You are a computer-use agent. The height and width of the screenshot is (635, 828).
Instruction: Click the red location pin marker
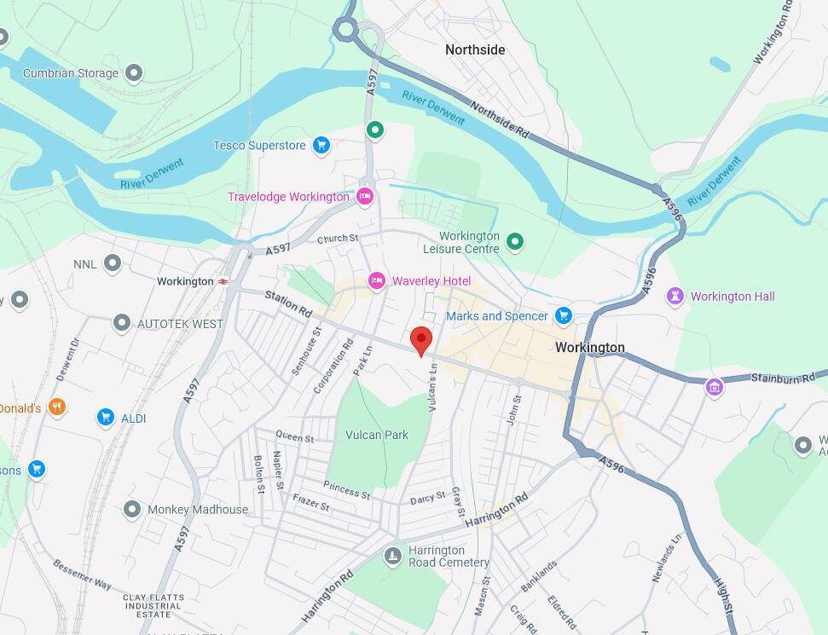(x=421, y=340)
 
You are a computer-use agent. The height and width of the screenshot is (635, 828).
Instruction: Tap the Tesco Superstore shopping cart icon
(x=321, y=146)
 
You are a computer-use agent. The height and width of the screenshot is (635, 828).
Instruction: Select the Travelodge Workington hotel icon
(x=365, y=197)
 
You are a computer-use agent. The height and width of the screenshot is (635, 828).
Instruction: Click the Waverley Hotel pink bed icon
(x=376, y=280)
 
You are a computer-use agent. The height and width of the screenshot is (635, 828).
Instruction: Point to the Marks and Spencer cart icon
(x=563, y=316)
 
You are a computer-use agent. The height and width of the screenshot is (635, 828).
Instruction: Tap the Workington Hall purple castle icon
(x=676, y=297)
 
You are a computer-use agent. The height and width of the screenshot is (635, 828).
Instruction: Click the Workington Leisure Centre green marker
(x=515, y=242)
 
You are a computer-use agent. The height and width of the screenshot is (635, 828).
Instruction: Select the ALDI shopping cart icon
(x=106, y=417)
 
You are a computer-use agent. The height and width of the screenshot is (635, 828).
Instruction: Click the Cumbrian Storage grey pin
(x=133, y=73)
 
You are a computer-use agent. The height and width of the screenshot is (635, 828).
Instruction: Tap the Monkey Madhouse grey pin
(x=131, y=510)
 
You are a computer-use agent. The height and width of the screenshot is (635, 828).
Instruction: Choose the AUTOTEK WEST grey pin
(x=123, y=323)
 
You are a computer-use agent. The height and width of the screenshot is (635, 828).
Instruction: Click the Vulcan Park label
(x=377, y=435)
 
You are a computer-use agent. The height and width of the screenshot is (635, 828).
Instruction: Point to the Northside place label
(x=475, y=50)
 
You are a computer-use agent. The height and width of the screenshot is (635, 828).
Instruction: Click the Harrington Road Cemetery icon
(x=392, y=557)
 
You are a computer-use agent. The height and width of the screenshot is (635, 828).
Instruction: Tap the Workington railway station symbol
(x=223, y=281)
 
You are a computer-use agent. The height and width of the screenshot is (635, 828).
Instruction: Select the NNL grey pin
(x=112, y=263)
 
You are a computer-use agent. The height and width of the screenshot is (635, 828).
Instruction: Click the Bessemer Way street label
(x=82, y=575)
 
